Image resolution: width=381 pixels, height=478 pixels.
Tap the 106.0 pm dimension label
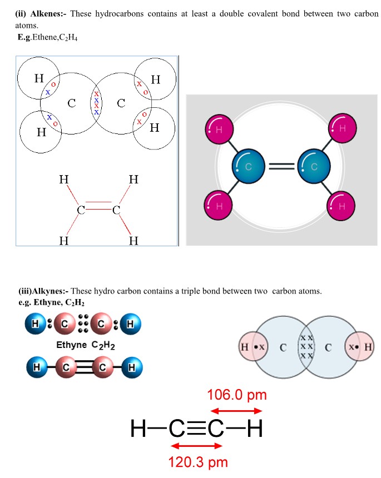coord(237,395)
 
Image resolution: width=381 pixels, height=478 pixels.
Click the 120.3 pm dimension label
coord(198,461)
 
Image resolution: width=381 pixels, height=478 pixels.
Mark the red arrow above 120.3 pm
coord(198,446)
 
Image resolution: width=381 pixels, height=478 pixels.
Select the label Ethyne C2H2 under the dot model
coord(85,345)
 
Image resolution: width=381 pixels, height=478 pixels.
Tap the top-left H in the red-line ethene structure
coord(64,180)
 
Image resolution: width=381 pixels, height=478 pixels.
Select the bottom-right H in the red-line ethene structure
coord(133,241)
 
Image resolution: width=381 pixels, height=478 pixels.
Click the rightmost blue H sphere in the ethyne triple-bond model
coord(132,367)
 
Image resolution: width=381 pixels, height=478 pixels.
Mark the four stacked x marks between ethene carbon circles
coord(96,103)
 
